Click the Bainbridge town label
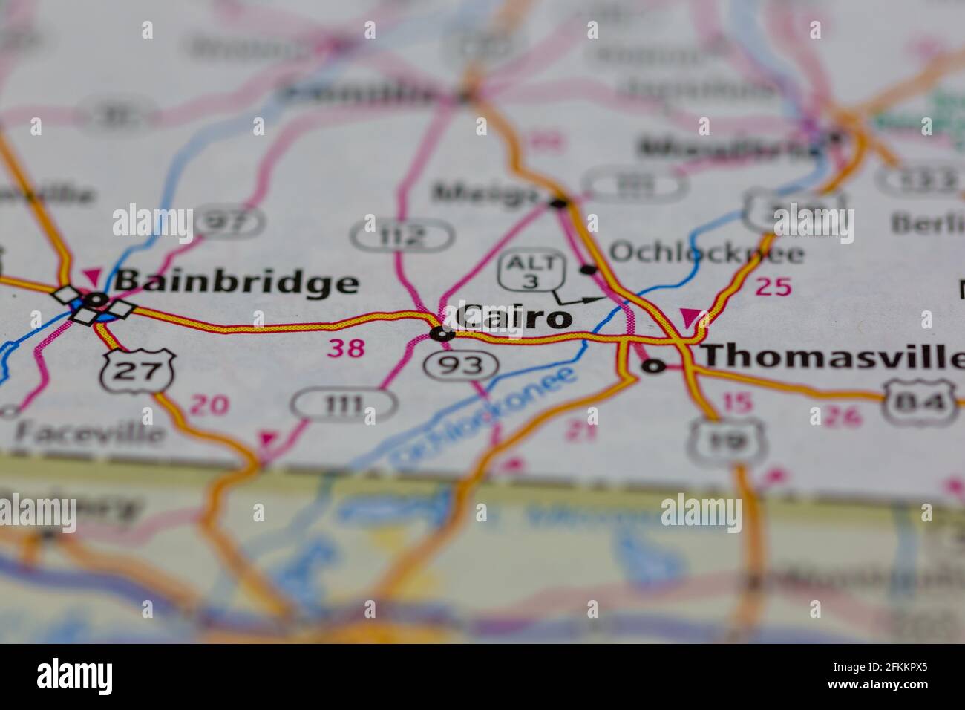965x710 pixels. pos(235,283)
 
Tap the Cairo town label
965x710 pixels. pos(513,318)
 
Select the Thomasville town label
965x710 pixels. pos(831,356)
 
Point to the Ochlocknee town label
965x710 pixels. pos(706,253)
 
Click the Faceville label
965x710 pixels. pos(90,432)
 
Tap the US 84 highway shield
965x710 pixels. pos(918,403)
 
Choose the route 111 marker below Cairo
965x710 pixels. pos(344,405)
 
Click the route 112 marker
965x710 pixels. pos(402,235)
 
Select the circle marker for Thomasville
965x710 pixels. pos(653,365)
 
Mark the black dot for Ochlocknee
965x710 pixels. pos(589,269)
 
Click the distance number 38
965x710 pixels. pos(346,348)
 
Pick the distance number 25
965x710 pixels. pos(773,287)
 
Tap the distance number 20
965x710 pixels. pos(209,405)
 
